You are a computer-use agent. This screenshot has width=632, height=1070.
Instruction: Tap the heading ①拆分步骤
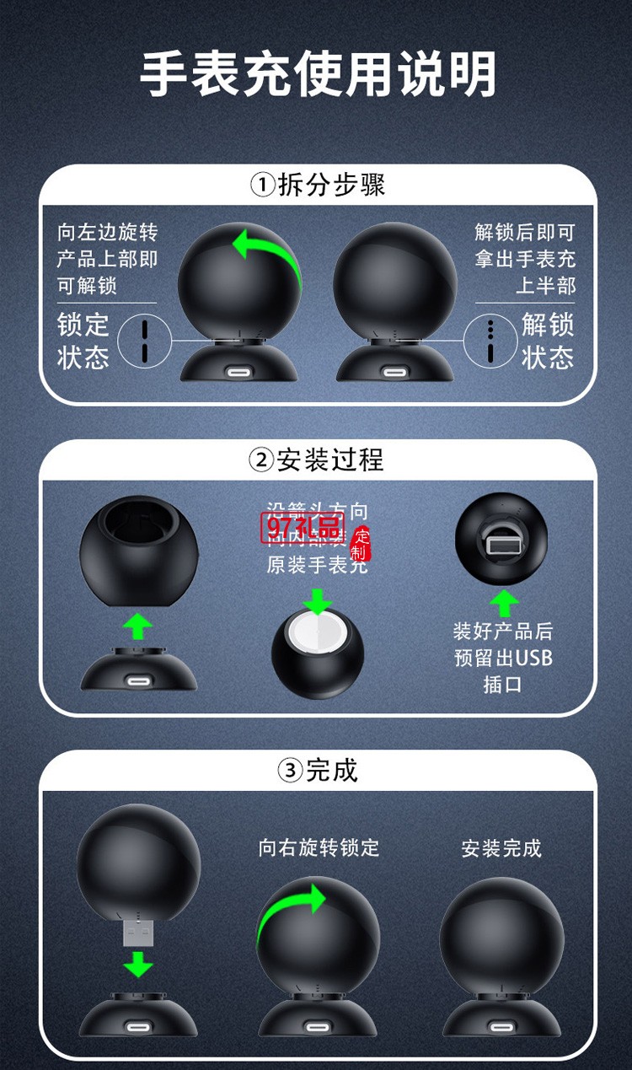(x=317, y=185)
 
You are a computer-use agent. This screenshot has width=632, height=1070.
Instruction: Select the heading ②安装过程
(x=317, y=460)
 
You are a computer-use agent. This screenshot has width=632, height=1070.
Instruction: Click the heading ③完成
(x=317, y=770)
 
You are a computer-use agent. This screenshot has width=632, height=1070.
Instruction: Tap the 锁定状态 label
(x=83, y=340)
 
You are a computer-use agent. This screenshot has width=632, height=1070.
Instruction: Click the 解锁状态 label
(x=547, y=340)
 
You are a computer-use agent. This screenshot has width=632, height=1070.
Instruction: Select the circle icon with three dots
(x=490, y=340)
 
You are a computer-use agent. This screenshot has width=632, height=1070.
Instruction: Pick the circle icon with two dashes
(x=144, y=340)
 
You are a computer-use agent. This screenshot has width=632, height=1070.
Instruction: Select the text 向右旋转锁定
(x=319, y=847)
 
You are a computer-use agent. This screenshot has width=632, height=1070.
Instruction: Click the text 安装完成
(x=501, y=847)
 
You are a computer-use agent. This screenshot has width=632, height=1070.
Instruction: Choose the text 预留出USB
(x=503, y=657)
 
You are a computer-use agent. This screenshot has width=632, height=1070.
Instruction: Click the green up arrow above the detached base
(x=137, y=626)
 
